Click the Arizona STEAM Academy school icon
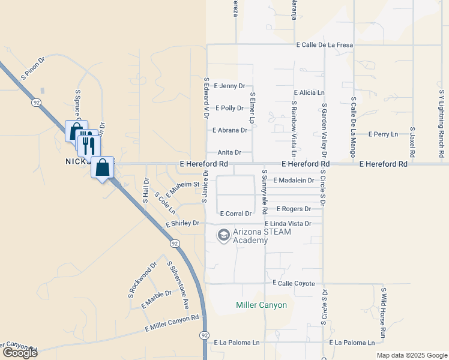click(x=224, y=235)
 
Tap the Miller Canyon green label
click(x=261, y=305)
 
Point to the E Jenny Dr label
click(x=229, y=86)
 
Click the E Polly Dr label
click(x=229, y=108)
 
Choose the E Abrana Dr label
click(x=229, y=130)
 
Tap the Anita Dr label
click(x=229, y=152)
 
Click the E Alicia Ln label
click(x=309, y=93)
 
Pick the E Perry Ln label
click(x=383, y=134)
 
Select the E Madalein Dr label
click(x=294, y=180)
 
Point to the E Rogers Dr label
click(x=293, y=209)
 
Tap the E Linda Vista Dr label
click(x=288, y=224)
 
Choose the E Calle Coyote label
click(x=294, y=283)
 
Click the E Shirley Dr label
click(x=182, y=223)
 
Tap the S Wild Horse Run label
click(x=383, y=312)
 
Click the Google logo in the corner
click(x=19, y=353)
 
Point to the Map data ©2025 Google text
click(x=411, y=355)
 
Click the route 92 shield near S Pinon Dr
click(x=37, y=103)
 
